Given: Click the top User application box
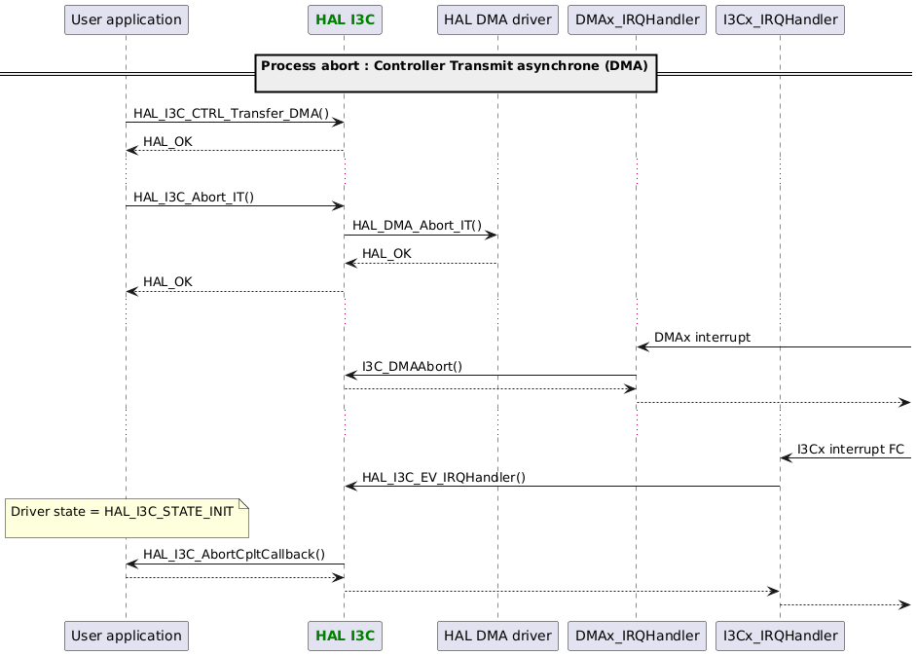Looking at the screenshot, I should coord(126,18).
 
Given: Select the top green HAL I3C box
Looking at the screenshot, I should coord(344,18).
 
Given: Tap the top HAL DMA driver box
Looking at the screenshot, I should coord(496,18).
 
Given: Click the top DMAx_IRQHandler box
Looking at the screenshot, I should coord(636,18).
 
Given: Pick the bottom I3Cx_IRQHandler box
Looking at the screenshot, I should coord(780,636).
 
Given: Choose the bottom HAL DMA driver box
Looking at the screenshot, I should coord(496,636).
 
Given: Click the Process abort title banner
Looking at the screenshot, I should coord(455,72).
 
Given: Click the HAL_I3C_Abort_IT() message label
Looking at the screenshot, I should coord(194,197).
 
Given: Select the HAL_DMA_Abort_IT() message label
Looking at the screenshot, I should coord(417,225).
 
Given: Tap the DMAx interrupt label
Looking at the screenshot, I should coord(702,337).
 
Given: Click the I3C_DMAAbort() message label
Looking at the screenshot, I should coord(412,366).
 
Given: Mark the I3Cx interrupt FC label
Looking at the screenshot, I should coord(850,449).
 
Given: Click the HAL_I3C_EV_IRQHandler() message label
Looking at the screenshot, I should coord(443,477).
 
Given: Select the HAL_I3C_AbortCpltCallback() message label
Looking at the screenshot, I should coord(234,554).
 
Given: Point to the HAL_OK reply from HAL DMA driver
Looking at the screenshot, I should coord(386,253).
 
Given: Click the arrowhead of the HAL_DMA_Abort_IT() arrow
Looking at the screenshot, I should coord(492,235).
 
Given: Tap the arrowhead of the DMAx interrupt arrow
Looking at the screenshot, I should coord(642,346).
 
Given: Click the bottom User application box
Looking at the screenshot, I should coord(126,636).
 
